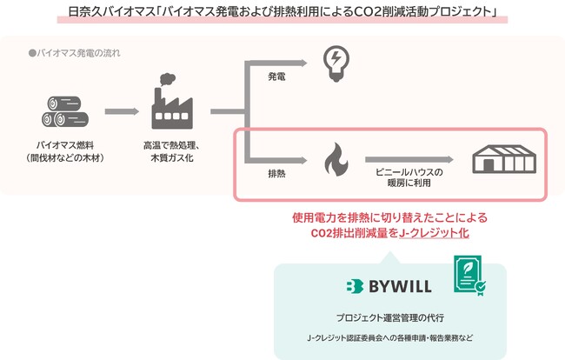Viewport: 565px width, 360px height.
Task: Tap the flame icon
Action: (x=334, y=160)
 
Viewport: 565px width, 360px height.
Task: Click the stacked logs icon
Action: (x=64, y=110)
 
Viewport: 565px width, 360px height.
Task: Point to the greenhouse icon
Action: (x=502, y=160)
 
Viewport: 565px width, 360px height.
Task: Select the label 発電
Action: (x=276, y=77)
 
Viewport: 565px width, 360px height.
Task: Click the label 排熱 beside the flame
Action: (x=276, y=174)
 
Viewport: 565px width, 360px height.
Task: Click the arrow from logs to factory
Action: (x=121, y=111)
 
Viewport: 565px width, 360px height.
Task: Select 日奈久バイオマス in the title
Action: (x=112, y=13)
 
